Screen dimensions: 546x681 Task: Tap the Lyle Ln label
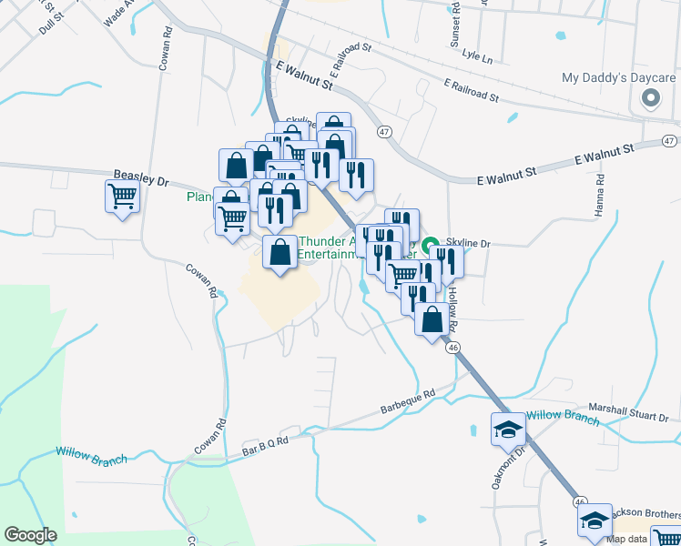476,57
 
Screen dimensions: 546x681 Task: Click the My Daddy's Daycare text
619,77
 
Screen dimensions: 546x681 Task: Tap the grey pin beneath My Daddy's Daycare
651,98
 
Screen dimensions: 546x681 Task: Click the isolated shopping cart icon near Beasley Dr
122,196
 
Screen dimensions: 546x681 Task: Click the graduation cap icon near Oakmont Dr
507,429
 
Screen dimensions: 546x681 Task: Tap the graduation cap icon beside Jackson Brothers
594,520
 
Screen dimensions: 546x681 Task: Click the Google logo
30,534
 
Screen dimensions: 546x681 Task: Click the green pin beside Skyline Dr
432,244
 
